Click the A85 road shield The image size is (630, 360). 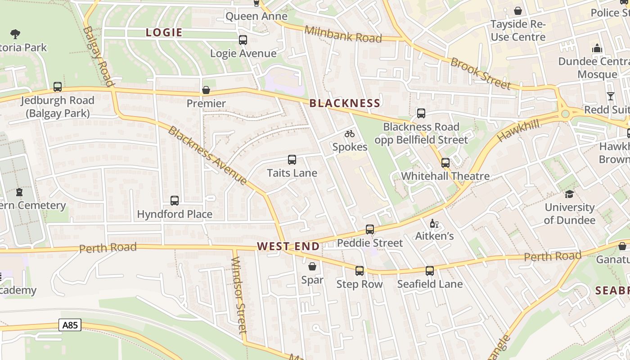pyautogui.click(x=70, y=325)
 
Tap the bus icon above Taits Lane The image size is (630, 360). pyautogui.click(x=292, y=160)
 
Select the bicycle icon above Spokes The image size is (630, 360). pyautogui.click(x=350, y=134)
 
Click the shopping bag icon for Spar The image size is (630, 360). pyautogui.click(x=312, y=266)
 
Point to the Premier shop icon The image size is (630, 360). pyautogui.click(x=206, y=90)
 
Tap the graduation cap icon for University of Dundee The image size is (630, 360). pyautogui.click(x=569, y=194)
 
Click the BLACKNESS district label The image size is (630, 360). pyautogui.click(x=345, y=103)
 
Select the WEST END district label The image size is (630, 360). pyautogui.click(x=288, y=246)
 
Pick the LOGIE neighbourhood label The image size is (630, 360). pyautogui.click(x=164, y=32)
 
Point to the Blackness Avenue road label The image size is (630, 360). pyautogui.click(x=207, y=156)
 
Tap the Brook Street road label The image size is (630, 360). pyautogui.click(x=481, y=73)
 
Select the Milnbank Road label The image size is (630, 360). pyautogui.click(x=343, y=34)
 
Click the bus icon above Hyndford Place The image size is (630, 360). pyautogui.click(x=175, y=201)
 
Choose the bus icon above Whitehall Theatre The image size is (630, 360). pyautogui.click(x=445, y=163)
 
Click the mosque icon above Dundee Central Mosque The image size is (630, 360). pyautogui.click(x=597, y=48)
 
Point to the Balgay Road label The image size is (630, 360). pyautogui.click(x=98, y=56)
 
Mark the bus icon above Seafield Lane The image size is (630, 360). pyautogui.click(x=430, y=271)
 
